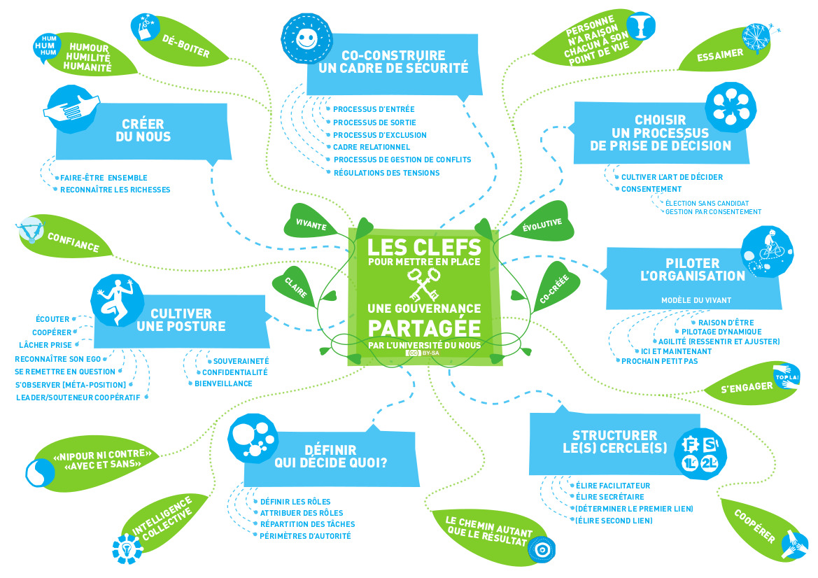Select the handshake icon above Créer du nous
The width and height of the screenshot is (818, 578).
click(71, 107)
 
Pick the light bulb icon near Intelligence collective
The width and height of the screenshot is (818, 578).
click(127, 547)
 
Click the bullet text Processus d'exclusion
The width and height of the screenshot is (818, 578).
click(379, 135)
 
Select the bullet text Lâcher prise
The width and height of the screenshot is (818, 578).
click(45, 345)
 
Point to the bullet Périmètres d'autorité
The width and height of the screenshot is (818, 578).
click(305, 536)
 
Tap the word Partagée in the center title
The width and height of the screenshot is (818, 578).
click(424, 327)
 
